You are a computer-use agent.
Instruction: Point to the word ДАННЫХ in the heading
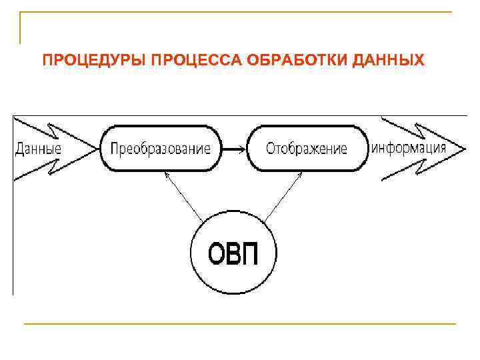[x=391, y=61]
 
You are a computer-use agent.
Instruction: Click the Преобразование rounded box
[x=160, y=148]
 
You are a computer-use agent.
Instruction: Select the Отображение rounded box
[x=307, y=148]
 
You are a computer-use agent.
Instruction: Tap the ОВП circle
[x=233, y=254]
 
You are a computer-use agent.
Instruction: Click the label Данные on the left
[x=38, y=148]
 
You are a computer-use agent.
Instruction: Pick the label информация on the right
[x=408, y=147]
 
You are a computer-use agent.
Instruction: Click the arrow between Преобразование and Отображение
[x=233, y=148]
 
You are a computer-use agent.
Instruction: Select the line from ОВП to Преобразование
[x=184, y=197]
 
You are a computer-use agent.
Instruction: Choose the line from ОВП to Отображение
[x=283, y=197]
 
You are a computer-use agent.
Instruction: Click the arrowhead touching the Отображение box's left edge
[x=243, y=148]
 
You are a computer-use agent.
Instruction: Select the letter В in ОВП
[x=233, y=254]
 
